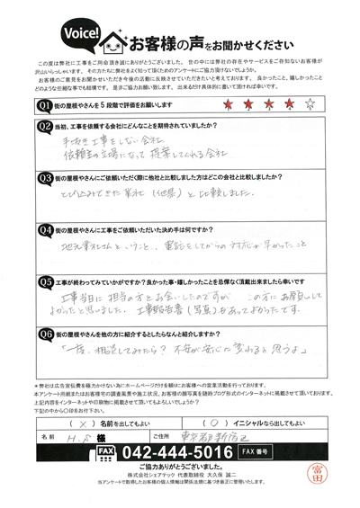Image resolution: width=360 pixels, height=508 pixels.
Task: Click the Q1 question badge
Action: [x=42, y=106]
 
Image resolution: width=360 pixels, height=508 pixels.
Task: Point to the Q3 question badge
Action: [x=42, y=179]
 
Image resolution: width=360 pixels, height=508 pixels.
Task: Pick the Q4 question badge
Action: [x=42, y=231]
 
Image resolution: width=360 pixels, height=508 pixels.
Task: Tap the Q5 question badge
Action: [x=42, y=280]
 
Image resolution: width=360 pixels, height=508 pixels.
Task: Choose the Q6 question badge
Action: [x=42, y=334]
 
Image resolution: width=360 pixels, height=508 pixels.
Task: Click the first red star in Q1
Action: [x=221, y=106]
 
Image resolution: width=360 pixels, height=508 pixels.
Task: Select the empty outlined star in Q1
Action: [x=310, y=106]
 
